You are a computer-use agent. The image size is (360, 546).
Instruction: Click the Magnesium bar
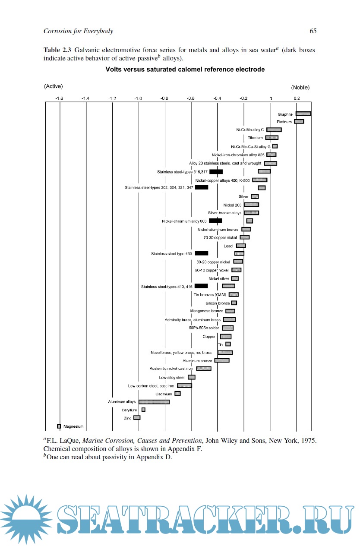[59, 426]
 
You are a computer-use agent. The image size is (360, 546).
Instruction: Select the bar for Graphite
[303, 114]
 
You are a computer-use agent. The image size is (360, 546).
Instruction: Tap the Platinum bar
[299, 122]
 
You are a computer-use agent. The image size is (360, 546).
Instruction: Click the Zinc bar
[137, 417]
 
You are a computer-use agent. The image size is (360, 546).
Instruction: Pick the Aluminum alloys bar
[154, 402]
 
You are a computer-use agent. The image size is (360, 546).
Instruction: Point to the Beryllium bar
[143, 410]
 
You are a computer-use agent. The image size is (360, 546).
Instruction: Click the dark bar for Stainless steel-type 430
[202, 253]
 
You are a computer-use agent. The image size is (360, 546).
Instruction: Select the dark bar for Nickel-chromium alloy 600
[215, 221]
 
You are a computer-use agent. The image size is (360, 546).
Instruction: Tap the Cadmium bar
[177, 394]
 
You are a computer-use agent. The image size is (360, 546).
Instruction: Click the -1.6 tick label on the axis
[59, 98]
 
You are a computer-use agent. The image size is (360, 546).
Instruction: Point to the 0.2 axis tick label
[297, 98]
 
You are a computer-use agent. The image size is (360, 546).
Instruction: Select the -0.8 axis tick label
[164, 98]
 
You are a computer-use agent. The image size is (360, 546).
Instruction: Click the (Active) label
[54, 86]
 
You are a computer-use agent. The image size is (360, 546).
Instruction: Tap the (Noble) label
[300, 87]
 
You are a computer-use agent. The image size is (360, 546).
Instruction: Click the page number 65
[313, 31]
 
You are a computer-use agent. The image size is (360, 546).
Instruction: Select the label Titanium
[255, 138]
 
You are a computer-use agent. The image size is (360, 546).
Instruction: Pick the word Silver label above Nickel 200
[243, 196]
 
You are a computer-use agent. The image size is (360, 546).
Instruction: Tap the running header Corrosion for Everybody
[78, 31]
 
